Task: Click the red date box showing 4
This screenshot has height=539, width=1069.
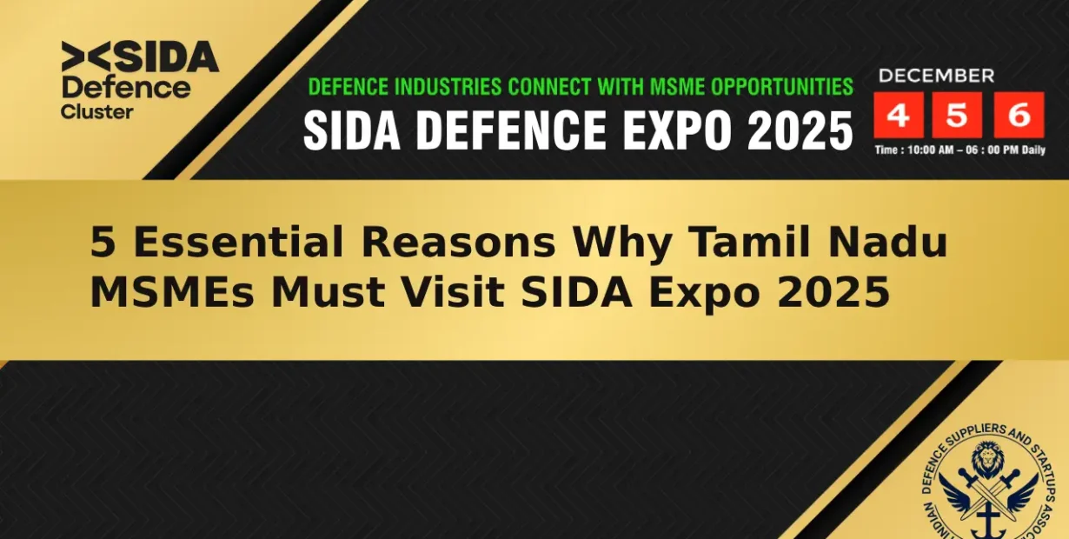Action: pyautogui.click(x=899, y=116)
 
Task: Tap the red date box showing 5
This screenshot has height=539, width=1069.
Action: pyautogui.click(x=956, y=116)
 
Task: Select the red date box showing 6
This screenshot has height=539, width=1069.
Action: pyautogui.click(x=1019, y=116)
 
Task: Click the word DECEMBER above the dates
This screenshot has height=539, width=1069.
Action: pyautogui.click(x=936, y=76)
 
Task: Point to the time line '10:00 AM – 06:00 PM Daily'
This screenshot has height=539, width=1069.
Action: pyautogui.click(x=959, y=150)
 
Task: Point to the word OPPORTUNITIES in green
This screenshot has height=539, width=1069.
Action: pyautogui.click(x=782, y=87)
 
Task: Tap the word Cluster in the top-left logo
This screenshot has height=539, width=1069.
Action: pyautogui.click(x=96, y=111)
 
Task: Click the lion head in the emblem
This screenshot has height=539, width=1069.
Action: pyautogui.click(x=989, y=458)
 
